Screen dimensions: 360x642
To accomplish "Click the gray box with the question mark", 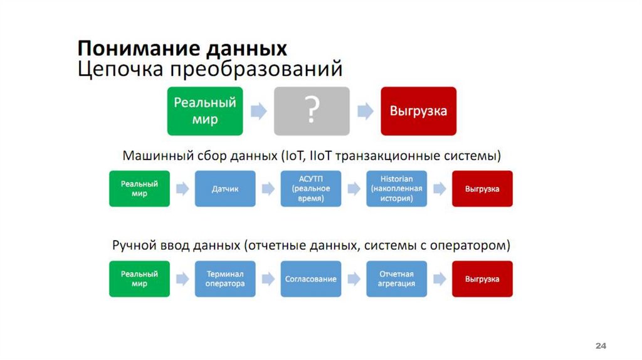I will pos(312,111).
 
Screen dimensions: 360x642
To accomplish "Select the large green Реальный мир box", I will pos(205,111).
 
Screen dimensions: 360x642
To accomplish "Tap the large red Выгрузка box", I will pos(418,111).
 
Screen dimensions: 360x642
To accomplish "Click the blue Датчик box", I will pos(225,189).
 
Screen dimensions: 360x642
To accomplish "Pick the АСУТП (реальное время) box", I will pos(310,189).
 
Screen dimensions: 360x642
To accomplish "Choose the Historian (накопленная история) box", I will pos(396,189).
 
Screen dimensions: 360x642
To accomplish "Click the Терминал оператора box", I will pos(225,279).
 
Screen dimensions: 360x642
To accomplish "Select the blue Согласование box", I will pos(310,279).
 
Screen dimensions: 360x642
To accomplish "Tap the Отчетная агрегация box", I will pos(396,279).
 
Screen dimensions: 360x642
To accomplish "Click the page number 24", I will pos(601,347).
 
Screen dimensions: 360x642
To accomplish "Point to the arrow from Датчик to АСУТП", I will pos(268,189).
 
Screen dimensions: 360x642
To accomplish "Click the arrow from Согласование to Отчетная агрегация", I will pos(354,279).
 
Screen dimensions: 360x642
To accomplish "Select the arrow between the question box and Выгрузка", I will pos(365,111).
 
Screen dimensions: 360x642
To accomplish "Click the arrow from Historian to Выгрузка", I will pos(439,189).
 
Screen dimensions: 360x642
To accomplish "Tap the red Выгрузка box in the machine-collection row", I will pos(482,189).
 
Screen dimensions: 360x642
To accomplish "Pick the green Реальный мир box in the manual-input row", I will pos(139,279).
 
